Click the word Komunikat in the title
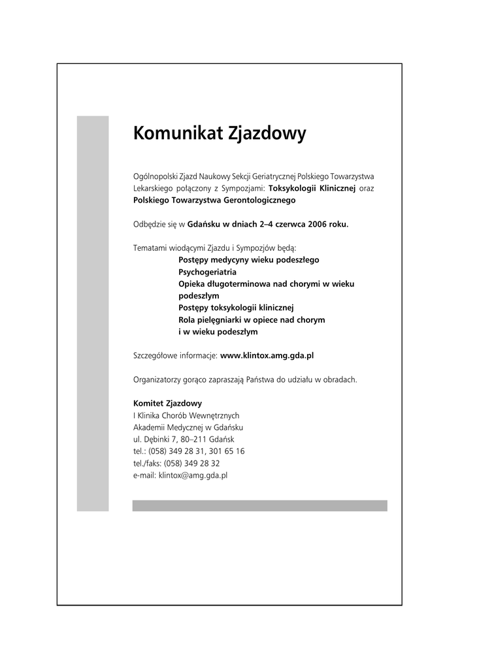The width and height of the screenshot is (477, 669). [178, 134]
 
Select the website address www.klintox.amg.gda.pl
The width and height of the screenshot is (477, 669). [267, 355]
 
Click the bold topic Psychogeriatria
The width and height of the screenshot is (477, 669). [208, 272]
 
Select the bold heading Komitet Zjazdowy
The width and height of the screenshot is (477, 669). [167, 403]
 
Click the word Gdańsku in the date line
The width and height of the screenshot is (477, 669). [204, 224]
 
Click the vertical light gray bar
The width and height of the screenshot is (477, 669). [93, 314]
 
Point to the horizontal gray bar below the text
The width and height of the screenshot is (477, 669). [259, 506]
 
